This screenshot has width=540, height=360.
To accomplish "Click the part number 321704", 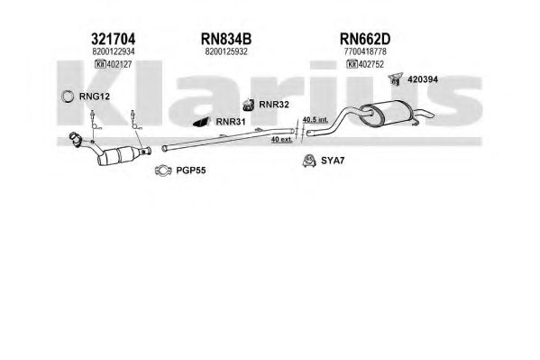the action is [113, 39].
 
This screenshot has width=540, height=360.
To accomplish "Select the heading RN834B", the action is [226, 39].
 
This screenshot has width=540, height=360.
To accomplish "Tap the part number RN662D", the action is [365, 39].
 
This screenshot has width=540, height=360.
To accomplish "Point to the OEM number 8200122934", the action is [114, 51].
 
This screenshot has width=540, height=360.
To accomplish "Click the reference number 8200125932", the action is [226, 51].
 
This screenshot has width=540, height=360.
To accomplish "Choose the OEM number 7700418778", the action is [365, 51].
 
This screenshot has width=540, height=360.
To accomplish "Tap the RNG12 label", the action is [95, 97].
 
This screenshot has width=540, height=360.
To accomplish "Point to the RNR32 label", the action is [274, 105].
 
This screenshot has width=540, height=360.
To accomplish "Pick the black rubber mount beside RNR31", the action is [202, 122].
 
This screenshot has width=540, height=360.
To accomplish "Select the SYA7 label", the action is [333, 161].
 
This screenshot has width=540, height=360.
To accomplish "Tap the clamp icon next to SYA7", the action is [309, 161].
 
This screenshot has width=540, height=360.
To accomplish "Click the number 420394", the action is [423, 79].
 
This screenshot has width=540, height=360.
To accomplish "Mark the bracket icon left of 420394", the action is [396, 79].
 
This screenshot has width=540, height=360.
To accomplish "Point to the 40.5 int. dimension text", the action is [316, 120].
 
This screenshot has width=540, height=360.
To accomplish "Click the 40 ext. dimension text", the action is [281, 139].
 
